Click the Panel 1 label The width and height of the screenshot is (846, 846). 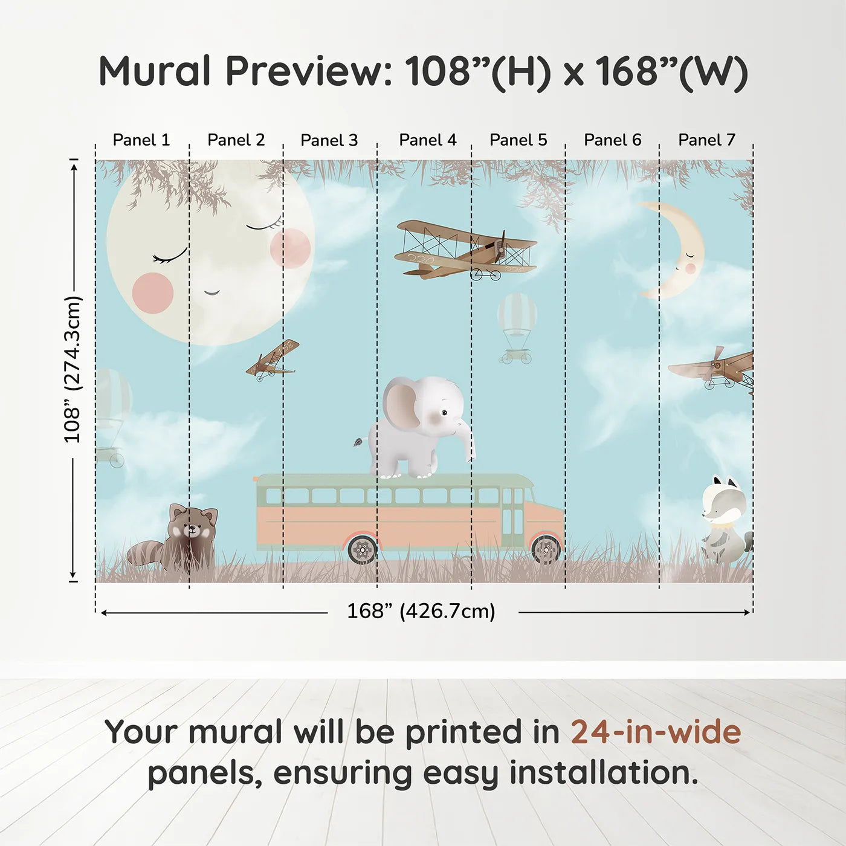[x=141, y=140]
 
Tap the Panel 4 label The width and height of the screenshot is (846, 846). [x=428, y=140]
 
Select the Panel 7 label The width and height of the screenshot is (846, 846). [x=706, y=140]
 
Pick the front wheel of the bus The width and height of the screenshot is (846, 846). [x=546, y=549]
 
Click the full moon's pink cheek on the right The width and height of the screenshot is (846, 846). [x=290, y=248]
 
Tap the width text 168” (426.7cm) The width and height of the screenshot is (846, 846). [x=421, y=612]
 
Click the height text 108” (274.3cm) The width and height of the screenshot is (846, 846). [x=73, y=369]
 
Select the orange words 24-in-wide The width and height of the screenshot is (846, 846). [x=656, y=732]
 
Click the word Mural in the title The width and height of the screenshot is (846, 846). [x=155, y=71]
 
